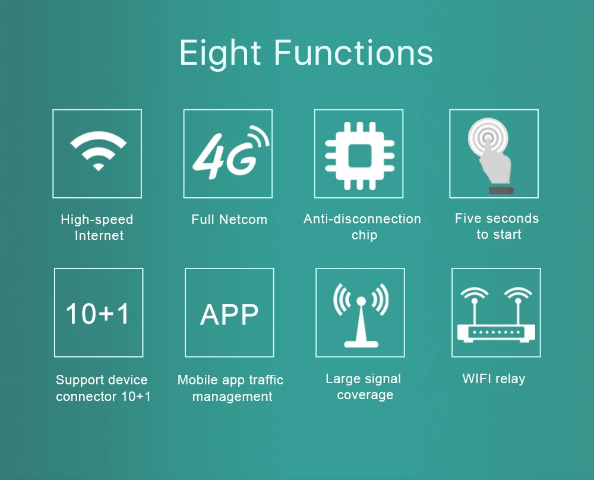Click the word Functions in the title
(353, 53)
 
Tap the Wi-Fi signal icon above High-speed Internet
(98, 151)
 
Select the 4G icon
(230, 152)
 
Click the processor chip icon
(359, 155)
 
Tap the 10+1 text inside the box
(98, 314)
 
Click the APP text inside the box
(229, 314)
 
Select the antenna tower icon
(361, 315)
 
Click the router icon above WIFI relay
(496, 314)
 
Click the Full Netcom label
(229, 219)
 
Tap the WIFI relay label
(494, 378)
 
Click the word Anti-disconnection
(362, 219)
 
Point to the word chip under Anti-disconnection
(365, 235)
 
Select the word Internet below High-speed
(99, 235)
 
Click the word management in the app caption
(232, 397)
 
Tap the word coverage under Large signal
(365, 395)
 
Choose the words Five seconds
(497, 218)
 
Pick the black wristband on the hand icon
(501, 190)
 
